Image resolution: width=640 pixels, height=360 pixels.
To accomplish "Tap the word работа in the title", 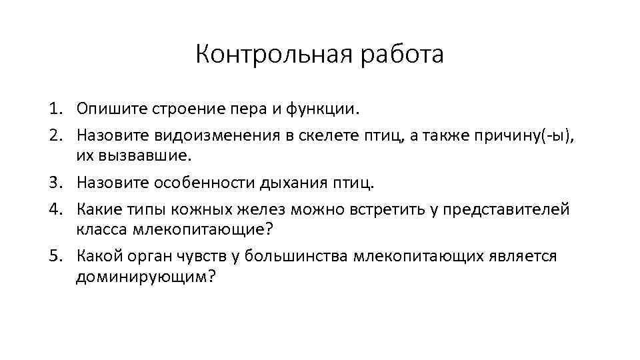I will (402, 55).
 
